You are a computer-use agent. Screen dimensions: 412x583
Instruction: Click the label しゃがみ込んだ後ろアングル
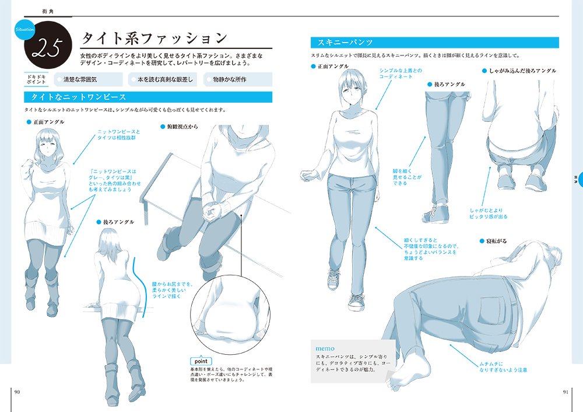pos(522,70)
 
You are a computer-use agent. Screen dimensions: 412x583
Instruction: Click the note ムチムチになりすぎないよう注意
pos(503,366)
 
